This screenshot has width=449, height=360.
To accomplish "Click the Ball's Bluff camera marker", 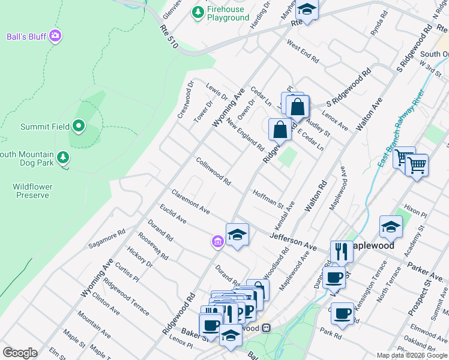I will (55, 36).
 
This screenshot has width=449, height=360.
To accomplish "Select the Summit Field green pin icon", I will (79, 127).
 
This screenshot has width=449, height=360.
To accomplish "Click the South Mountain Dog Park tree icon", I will (63, 158).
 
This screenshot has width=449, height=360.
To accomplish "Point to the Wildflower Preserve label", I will (33, 191).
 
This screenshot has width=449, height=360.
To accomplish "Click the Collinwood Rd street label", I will (213, 171).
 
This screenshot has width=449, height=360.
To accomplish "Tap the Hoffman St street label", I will (268, 199).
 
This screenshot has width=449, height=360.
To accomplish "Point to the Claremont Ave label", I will (190, 202).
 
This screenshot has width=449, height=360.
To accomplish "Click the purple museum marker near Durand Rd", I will (217, 241).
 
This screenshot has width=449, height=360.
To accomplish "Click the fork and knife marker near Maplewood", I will (341, 251).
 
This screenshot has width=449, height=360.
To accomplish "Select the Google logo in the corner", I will (20, 353).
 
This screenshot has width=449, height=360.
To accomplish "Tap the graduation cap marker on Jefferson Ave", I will (237, 234).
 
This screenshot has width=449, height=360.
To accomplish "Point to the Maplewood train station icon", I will (266, 328).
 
